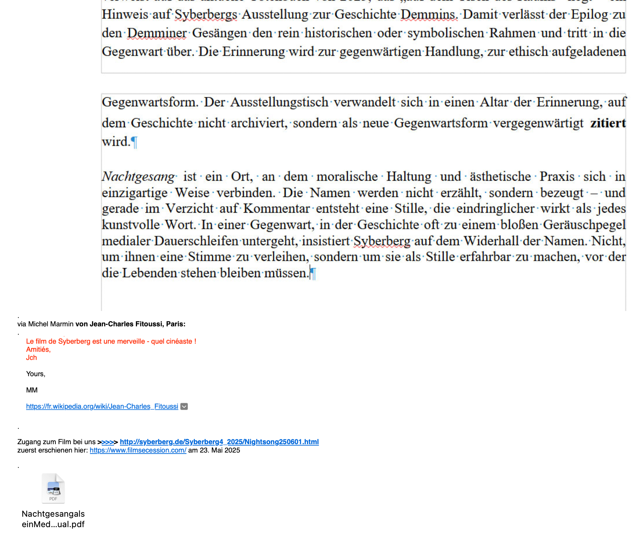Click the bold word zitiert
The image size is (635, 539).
click(x=608, y=123)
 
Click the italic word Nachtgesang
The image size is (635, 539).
click(x=138, y=176)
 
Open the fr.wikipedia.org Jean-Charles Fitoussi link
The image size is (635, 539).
click(x=102, y=407)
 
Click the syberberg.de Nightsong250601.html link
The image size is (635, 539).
click(x=219, y=442)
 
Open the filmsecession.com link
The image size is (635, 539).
click(x=138, y=450)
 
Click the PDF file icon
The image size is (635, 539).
click(x=53, y=488)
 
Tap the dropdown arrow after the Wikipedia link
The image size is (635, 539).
click(x=184, y=407)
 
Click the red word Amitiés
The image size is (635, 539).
click(x=38, y=350)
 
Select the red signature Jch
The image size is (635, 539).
click(x=31, y=358)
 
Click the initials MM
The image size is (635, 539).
click(x=32, y=390)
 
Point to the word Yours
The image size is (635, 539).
click(x=35, y=374)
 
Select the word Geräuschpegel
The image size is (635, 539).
click(x=584, y=225)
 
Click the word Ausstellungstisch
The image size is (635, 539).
click(x=279, y=103)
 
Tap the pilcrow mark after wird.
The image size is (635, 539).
click(x=134, y=142)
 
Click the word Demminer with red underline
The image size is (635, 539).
click(x=157, y=33)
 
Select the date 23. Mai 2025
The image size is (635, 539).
click(x=220, y=450)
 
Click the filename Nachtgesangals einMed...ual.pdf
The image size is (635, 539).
click(x=53, y=519)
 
